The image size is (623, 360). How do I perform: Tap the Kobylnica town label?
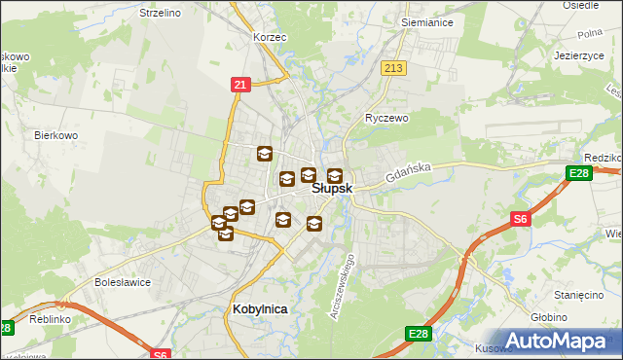261,308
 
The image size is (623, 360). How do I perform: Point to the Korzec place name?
269,36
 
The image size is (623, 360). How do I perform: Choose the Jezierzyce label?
579,55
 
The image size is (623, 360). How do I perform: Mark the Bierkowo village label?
55,135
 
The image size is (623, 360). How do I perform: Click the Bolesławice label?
120,282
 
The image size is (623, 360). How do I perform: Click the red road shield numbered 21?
238,85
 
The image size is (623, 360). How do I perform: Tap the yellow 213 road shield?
393,67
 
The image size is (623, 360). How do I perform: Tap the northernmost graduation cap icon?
264,154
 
